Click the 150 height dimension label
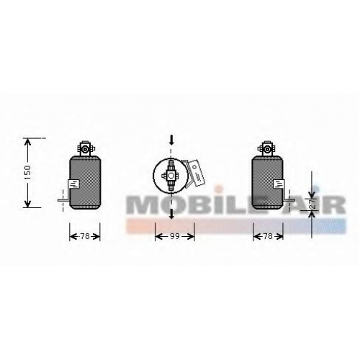[28, 172]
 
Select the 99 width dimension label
[175, 236]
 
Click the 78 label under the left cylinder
[85, 236]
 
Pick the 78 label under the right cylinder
[268, 236]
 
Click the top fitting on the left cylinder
[85, 149]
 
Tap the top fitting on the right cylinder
[266, 149]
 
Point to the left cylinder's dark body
[85, 183]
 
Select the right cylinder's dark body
[267, 183]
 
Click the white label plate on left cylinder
[74, 185]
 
